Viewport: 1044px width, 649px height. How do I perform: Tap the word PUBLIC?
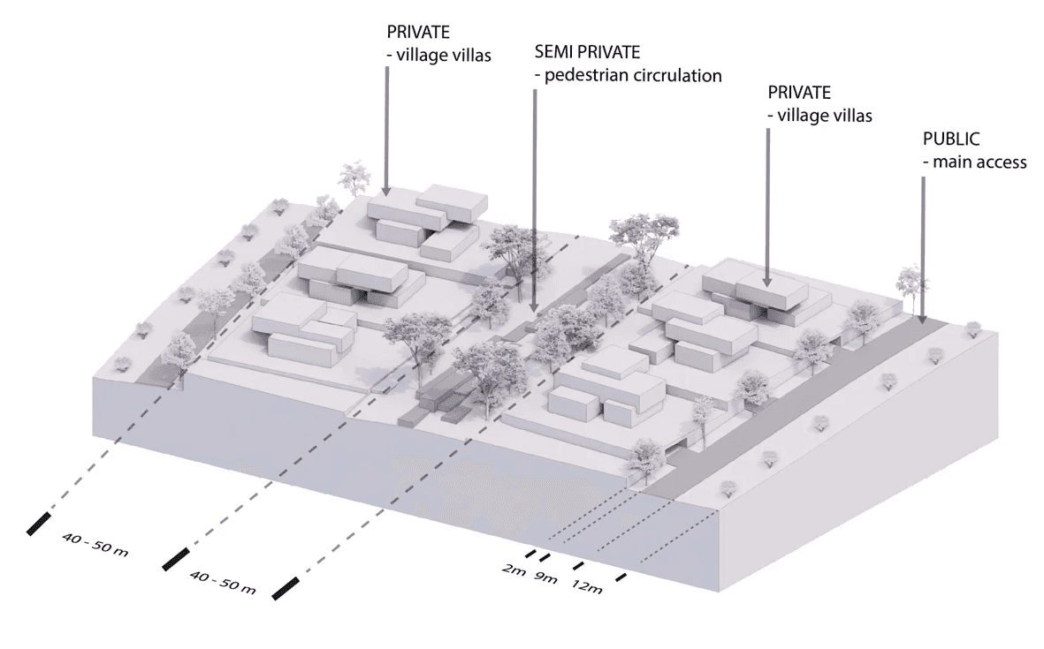952,140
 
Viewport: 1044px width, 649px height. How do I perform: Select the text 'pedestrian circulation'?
633,75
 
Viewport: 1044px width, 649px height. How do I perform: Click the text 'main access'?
979,162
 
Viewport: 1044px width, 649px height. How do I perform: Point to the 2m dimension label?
514,570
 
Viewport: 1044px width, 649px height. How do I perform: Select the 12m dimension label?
587,587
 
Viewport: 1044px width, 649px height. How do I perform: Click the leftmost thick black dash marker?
40,522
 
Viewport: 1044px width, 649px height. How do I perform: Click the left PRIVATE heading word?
418,32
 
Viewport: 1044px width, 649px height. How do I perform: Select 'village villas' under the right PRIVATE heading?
819,116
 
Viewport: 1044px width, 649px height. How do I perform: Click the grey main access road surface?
796,406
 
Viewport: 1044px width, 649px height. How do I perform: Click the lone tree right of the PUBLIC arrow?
973,329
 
